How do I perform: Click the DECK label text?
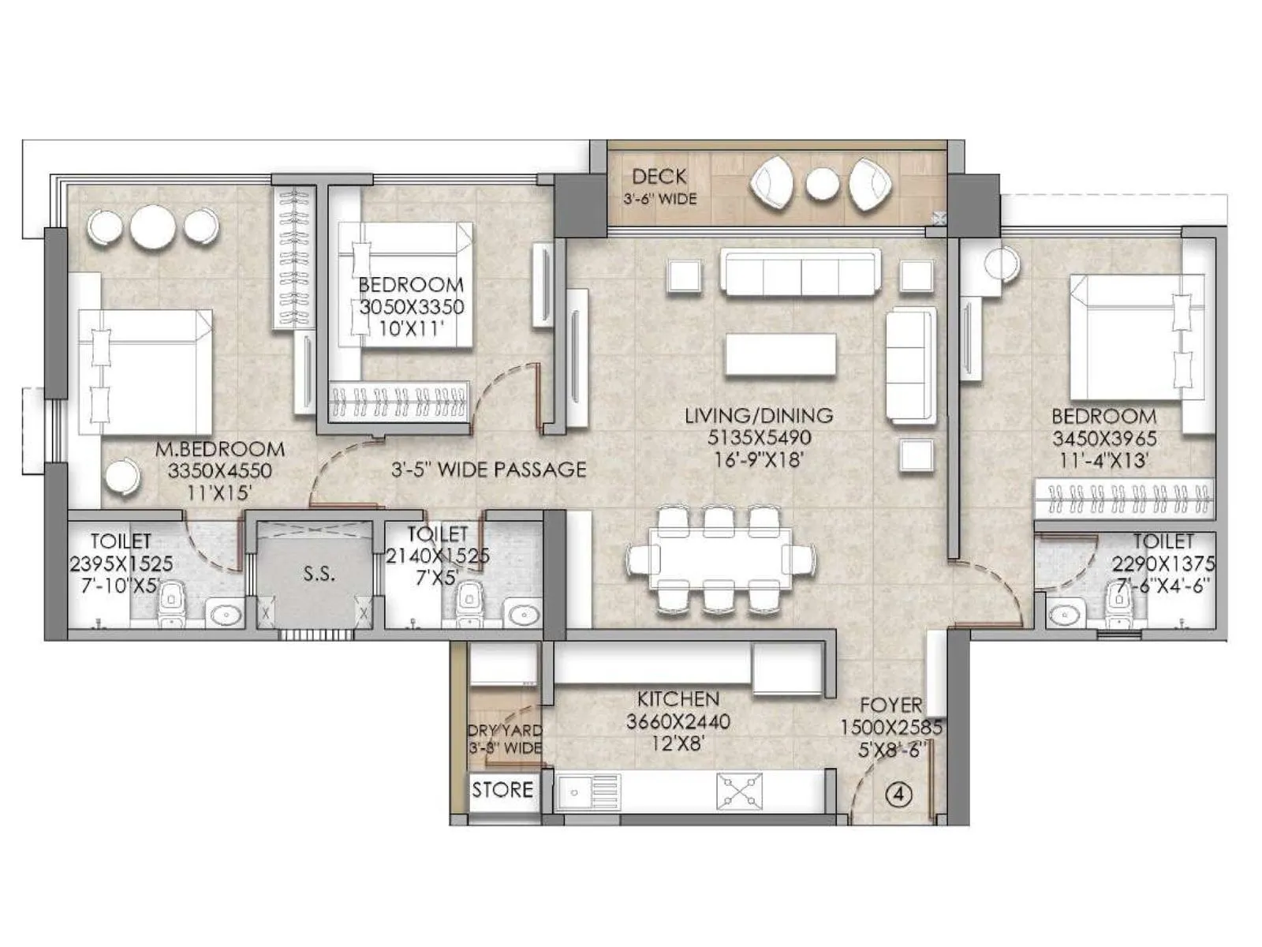click(x=659, y=177)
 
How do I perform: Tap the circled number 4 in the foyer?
click(x=898, y=794)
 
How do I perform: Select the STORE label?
click(x=502, y=790)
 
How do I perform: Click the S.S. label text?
click(x=319, y=575)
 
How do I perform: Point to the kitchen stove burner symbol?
click(x=739, y=791)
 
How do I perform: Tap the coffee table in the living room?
click(x=780, y=354)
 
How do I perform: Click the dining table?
click(x=720, y=558)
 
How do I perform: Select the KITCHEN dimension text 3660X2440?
click(x=678, y=721)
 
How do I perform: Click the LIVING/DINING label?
click(x=758, y=415)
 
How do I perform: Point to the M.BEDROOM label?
click(x=220, y=449)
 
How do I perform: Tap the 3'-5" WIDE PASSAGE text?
click(x=488, y=470)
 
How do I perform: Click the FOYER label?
click(x=890, y=705)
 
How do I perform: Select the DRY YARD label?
click(x=505, y=731)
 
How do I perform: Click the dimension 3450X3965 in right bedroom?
click(x=1103, y=438)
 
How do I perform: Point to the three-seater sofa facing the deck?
click(x=800, y=273)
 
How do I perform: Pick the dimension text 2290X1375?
click(x=1163, y=564)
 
